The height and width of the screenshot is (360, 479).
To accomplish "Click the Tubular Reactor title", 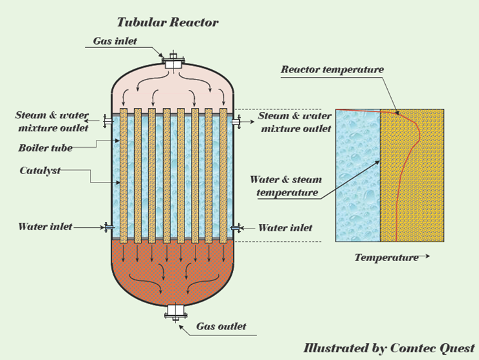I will [x=168, y=23].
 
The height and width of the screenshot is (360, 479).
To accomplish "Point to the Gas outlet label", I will [x=221, y=326].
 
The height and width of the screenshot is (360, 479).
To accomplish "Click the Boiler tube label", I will [x=45, y=148].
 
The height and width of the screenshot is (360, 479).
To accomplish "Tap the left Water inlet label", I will [x=45, y=227].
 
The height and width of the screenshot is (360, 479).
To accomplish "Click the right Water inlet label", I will [x=285, y=227].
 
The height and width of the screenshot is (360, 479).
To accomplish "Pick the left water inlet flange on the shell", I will [x=107, y=227].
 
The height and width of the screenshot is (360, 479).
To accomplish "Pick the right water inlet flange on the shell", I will [x=237, y=227].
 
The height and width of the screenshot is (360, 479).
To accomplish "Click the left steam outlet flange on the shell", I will [x=107, y=120].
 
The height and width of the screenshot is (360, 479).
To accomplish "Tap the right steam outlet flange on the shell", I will [x=237, y=120].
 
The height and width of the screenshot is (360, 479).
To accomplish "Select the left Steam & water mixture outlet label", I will [x=52, y=122].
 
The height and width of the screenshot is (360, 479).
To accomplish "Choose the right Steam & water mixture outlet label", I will [x=294, y=122].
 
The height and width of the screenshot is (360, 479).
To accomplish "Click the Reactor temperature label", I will [x=332, y=69].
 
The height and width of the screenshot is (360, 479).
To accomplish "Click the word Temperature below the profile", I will [x=386, y=258].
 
